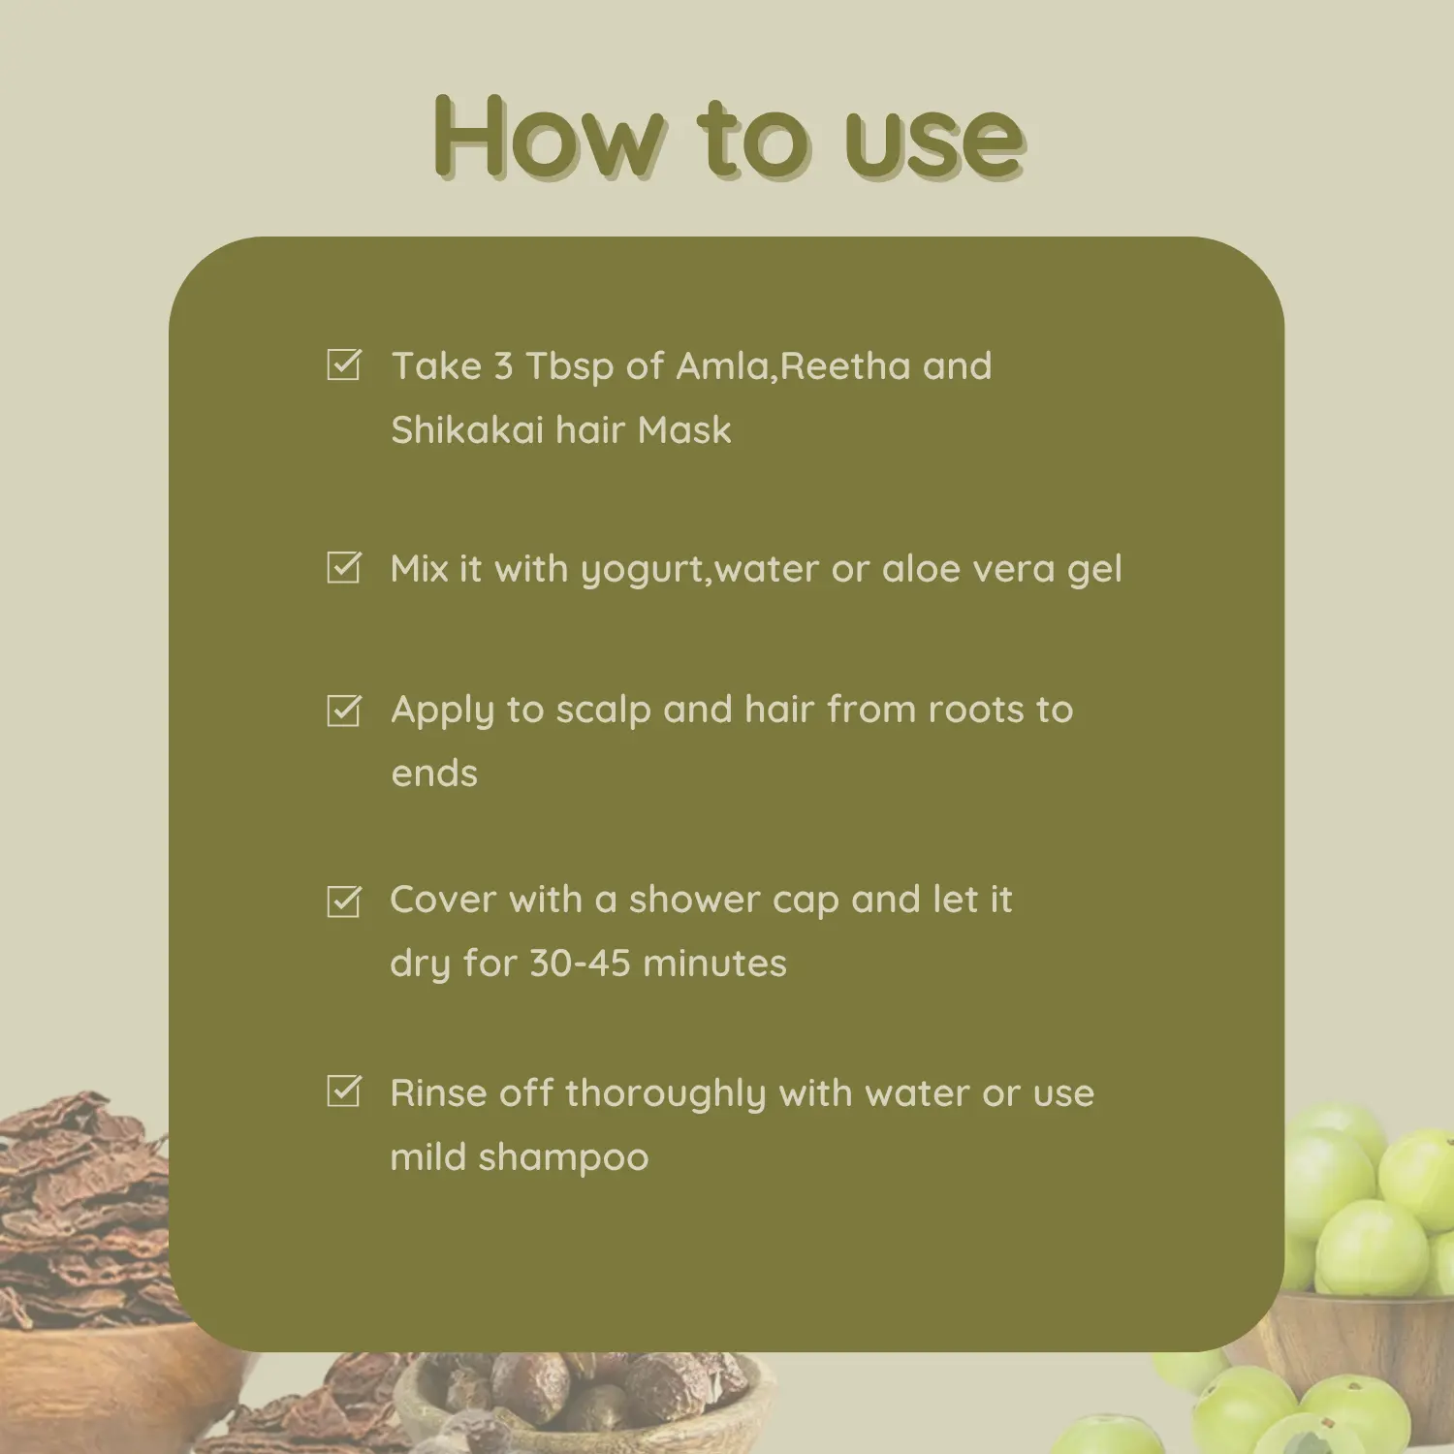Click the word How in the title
tap(550, 138)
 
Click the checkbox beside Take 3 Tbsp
tap(344, 364)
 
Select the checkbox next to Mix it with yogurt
tap(344, 567)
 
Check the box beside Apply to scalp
tap(344, 710)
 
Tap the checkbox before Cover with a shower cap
tap(344, 901)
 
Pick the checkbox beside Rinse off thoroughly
tap(344, 1090)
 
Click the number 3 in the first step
tap(503, 366)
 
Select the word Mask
tap(684, 429)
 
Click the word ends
tap(434, 774)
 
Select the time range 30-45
tap(580, 964)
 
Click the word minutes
tap(715, 964)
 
